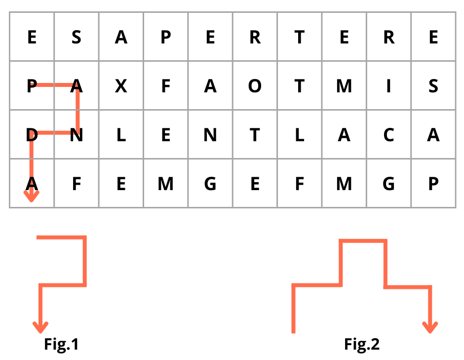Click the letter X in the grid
tap(121, 86)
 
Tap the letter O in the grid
tap(255, 86)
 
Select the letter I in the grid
tap(388, 86)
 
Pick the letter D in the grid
tap(32, 135)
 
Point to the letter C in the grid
tap(388, 135)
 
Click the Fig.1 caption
tap(62, 344)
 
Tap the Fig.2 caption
tap(362, 344)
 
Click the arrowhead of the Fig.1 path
tap(40, 327)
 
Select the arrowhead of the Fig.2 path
tap(430, 327)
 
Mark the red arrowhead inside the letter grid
tap(32, 198)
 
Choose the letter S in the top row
tap(76, 38)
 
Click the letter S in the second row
tap(433, 86)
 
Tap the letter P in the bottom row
tap(433, 184)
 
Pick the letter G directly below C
tap(388, 184)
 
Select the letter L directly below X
tap(121, 135)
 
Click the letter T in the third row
tap(255, 135)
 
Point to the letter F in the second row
tap(165, 86)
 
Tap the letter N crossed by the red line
tap(76, 135)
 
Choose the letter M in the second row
tap(344, 86)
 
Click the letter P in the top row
tap(165, 38)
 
